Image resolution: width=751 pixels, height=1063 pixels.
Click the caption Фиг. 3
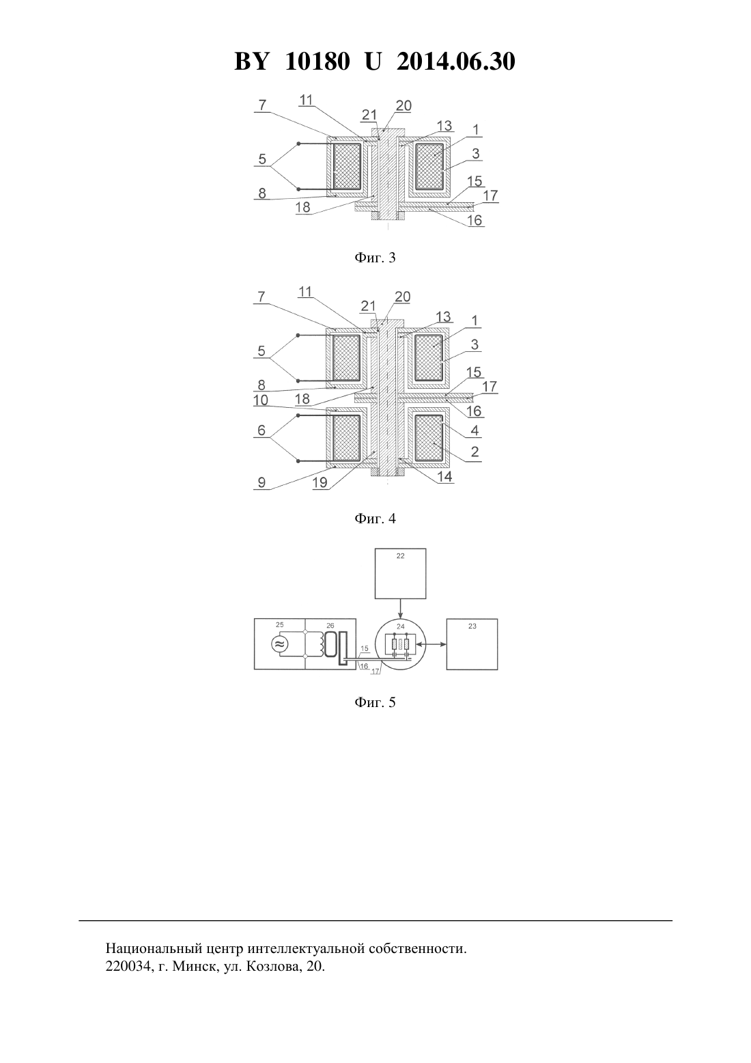375,258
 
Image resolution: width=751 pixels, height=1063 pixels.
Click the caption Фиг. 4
375,519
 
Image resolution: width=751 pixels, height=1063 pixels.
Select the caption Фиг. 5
375,702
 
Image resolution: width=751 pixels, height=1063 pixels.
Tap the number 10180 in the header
317,61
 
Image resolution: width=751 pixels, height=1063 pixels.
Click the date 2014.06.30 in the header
455,61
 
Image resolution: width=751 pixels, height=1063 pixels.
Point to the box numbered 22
400,574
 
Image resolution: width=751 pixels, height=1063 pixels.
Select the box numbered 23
472,644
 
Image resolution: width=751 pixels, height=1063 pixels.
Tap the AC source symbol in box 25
279,644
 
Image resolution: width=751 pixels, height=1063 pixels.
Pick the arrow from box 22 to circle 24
401,609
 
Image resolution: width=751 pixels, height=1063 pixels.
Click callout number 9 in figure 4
261,482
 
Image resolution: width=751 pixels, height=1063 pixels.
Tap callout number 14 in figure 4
444,476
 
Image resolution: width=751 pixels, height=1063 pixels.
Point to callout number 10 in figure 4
261,400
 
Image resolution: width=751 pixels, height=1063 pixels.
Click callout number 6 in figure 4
261,430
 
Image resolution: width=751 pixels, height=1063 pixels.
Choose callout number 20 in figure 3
403,105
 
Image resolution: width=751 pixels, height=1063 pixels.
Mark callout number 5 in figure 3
262,158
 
